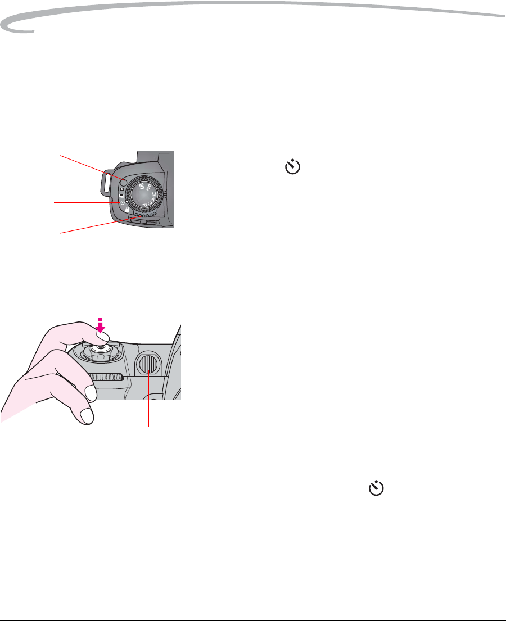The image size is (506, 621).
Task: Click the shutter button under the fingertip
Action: click(101, 350)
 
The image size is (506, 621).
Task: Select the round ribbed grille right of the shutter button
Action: click(148, 366)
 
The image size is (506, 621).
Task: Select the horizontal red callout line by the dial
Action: click(84, 202)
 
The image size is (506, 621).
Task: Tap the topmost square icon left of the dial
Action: click(122, 189)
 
